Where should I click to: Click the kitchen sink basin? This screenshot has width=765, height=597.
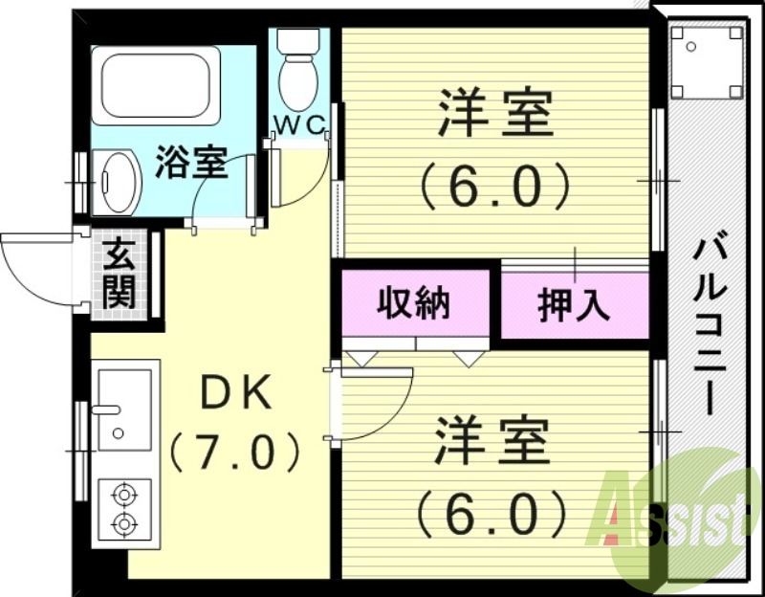tap(123, 409)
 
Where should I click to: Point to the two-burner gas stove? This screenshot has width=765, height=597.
tap(123, 509)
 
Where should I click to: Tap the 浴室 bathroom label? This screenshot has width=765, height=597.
tap(191, 163)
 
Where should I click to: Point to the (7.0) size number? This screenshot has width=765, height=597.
tap(235, 450)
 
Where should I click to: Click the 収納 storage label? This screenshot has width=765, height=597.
tap(413, 303)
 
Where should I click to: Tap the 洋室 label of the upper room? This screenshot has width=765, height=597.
tap(495, 116)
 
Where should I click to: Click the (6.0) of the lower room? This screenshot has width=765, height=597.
tap(493, 514)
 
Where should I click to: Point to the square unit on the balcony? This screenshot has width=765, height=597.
tap(708, 60)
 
